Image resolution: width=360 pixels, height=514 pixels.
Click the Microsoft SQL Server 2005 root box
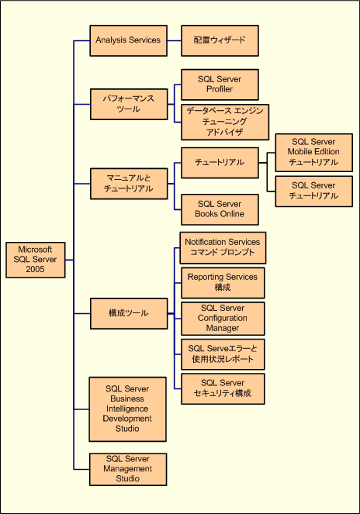[x=36, y=260]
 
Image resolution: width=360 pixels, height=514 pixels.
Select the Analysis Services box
[x=128, y=40]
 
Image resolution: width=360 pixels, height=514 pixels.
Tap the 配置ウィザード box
[x=220, y=40]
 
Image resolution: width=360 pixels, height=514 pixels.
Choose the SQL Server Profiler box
[x=220, y=85]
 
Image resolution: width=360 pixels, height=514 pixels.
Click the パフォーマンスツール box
[x=129, y=104]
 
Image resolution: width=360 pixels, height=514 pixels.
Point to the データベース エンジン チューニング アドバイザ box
[x=225, y=122]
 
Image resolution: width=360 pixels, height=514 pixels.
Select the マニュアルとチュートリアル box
[x=129, y=184]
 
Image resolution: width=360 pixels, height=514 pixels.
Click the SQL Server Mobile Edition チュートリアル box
[x=314, y=153]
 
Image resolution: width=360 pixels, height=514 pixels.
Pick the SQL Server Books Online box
[x=220, y=209]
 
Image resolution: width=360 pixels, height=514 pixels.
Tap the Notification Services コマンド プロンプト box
[x=223, y=248]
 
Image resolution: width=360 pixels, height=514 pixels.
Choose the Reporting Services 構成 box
[x=223, y=283]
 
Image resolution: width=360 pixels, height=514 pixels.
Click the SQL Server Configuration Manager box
[x=223, y=319]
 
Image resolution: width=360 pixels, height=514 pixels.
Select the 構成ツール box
[x=129, y=313]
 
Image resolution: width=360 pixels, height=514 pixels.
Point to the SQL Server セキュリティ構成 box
[x=223, y=388]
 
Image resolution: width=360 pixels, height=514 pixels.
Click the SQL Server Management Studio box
[x=128, y=469]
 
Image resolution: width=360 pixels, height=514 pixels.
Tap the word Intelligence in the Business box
[x=127, y=409]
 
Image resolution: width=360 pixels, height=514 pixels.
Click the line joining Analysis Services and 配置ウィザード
[x=175, y=40]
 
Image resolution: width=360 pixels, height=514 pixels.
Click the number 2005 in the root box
[x=35, y=270]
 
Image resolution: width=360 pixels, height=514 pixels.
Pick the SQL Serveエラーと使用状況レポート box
[x=223, y=354]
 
